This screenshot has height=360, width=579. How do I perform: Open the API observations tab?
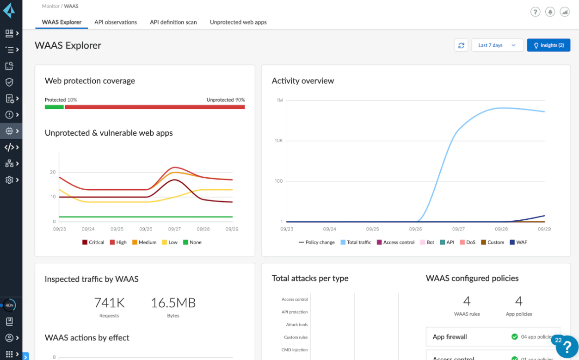116,22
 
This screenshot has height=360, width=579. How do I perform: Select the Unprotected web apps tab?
238,22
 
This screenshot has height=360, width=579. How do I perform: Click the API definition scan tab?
173,22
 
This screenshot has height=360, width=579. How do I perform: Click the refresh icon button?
461,45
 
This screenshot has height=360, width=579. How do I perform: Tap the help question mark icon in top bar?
536,12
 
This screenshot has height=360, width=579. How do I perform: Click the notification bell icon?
550,12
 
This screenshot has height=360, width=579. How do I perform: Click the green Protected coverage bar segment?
54,107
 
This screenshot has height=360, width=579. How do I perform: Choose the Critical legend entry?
93,242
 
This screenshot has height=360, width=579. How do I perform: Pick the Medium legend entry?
144,242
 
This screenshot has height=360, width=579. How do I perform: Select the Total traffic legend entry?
356,242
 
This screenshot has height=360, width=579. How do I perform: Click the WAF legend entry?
518,242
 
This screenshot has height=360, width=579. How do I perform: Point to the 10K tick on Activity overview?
279,140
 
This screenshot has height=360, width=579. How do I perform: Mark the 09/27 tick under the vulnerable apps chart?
174,229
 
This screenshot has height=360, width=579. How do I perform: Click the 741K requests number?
109,303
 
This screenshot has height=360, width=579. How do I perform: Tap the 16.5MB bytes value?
173,303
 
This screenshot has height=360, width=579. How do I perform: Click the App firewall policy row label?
450,337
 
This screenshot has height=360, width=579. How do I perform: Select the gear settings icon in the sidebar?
9,180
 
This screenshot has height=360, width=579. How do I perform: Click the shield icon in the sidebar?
9,82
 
